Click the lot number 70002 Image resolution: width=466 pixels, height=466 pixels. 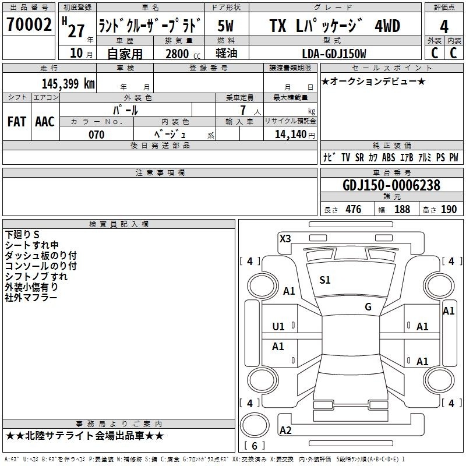29,24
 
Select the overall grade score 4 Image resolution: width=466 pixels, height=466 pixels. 444,27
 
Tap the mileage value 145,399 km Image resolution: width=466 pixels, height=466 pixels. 68,84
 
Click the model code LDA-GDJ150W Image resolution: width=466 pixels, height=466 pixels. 334,54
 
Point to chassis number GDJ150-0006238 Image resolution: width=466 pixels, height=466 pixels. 391,185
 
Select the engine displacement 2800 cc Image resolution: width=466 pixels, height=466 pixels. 183,54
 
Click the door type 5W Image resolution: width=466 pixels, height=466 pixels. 225,26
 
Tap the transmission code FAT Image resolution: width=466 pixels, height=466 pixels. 17,122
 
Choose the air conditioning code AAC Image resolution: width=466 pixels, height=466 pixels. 45,122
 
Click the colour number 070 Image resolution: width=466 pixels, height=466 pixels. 97,135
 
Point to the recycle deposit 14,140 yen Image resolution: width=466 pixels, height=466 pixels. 295,135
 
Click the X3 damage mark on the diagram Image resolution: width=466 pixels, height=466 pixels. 285,239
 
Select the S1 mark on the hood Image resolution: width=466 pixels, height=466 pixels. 325,280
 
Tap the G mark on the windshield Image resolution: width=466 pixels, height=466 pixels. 368,307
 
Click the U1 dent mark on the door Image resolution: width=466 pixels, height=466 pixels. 278,327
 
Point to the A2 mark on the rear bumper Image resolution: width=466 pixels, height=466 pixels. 285,430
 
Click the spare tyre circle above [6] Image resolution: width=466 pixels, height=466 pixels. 255,425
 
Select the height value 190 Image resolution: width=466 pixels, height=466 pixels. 449,210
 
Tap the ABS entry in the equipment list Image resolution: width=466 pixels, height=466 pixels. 389,157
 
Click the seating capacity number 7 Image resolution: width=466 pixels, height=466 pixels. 243,110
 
